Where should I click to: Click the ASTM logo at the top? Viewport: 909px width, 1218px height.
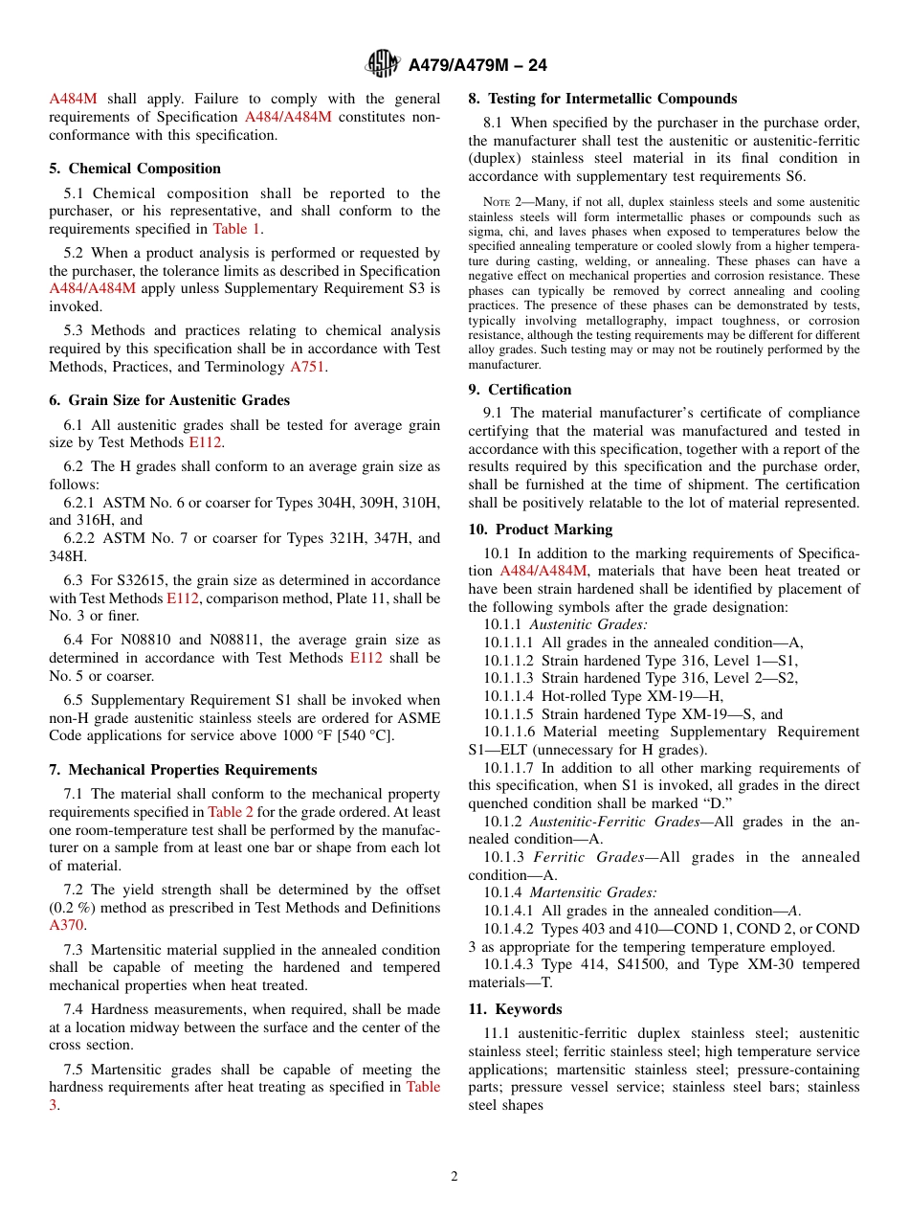(x=383, y=65)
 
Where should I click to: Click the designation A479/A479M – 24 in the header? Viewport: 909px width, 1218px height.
(x=477, y=66)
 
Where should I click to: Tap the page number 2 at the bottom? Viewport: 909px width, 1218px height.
(x=454, y=1177)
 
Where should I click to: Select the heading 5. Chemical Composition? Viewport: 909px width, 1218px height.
(x=135, y=169)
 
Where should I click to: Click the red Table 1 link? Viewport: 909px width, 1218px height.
(x=235, y=229)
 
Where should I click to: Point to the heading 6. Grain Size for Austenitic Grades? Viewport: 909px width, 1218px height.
(x=169, y=400)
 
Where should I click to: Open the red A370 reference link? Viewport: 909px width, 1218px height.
(x=66, y=925)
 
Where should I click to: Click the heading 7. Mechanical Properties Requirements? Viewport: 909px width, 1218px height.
(x=183, y=770)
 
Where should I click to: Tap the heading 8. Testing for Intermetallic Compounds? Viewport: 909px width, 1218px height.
(x=602, y=99)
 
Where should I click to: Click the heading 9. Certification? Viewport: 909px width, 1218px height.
(x=520, y=390)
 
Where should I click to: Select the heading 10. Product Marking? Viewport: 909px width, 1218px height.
(x=540, y=530)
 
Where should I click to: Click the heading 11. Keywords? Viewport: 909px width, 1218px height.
(x=515, y=1009)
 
